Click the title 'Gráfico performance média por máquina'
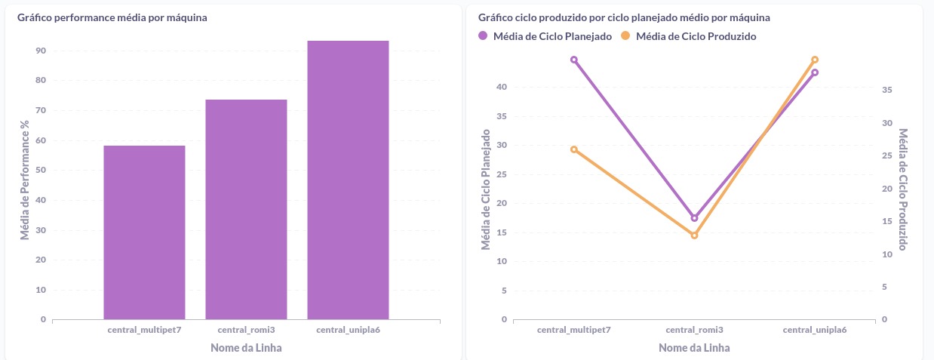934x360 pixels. coord(112,17)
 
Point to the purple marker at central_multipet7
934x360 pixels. coord(574,60)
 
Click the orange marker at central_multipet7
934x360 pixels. coord(574,149)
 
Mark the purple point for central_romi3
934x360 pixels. coord(695,218)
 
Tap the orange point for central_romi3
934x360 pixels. coord(695,235)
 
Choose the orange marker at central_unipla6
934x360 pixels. coord(815,60)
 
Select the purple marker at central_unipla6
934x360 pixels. coord(815,72)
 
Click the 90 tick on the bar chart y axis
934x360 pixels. coord(40,51)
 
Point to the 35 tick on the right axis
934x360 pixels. coord(887,90)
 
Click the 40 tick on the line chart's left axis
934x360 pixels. coord(502,87)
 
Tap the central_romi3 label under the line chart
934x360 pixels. coord(694,330)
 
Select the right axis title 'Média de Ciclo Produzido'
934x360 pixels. coord(903,189)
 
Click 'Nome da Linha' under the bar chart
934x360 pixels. coord(245,348)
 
